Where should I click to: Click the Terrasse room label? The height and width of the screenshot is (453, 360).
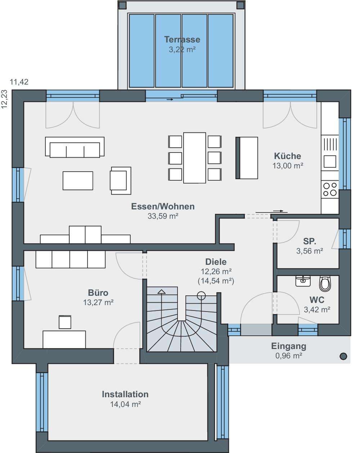[182, 40]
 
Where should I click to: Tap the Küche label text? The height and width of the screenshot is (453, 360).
[287, 156]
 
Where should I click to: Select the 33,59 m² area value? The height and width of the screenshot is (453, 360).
[163, 216]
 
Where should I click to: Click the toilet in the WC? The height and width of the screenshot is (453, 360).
[325, 284]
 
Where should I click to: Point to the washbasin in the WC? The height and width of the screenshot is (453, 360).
[303, 281]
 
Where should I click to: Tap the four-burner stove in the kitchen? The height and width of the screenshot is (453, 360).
[330, 189]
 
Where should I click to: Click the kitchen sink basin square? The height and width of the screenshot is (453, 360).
[330, 162]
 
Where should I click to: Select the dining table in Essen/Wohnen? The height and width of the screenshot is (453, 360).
[194, 158]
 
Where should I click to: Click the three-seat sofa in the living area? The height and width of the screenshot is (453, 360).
[75, 147]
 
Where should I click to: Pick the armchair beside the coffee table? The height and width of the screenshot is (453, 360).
[120, 181]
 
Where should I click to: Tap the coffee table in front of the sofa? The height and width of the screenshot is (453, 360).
[78, 181]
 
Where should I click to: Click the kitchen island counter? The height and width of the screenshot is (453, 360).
[247, 158]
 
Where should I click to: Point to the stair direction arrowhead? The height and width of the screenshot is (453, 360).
[162, 291]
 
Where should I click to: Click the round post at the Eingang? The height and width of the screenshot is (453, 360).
[343, 356]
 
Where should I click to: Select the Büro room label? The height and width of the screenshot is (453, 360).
[98, 293]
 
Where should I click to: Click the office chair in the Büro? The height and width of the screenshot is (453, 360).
[65, 322]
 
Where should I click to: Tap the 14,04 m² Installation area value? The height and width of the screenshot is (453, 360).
[126, 404]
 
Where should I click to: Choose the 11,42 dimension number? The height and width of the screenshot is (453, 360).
[19, 82]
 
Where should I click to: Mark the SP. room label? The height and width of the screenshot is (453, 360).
[310, 241]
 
